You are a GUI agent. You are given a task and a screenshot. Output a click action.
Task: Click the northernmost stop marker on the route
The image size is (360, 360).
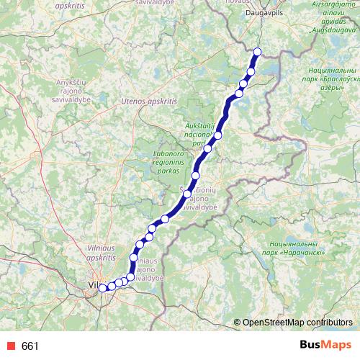click(258, 51)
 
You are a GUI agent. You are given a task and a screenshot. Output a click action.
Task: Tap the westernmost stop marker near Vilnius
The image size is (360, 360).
click(103, 288)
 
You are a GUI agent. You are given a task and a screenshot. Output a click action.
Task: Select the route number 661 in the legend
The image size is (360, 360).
click(30, 346)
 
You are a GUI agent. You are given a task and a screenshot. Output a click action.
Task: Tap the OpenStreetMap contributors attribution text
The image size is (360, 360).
click(297, 322)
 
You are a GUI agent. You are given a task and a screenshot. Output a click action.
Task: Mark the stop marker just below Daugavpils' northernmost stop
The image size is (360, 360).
click(251, 70)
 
